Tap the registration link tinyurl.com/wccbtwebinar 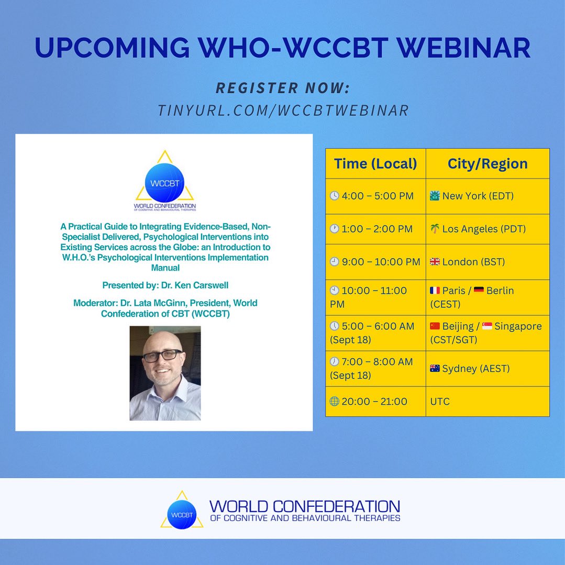point(283,110)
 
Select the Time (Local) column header point(375,164)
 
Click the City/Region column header point(488,164)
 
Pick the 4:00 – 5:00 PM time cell point(375,196)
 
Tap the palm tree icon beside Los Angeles point(435,229)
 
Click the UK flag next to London point(435,262)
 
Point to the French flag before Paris point(435,291)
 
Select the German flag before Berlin point(479,291)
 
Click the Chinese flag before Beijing point(435,326)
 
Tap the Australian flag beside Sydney point(435,369)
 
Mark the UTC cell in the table point(440,402)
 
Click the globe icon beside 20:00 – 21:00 point(334,402)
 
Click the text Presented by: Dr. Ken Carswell point(164,285)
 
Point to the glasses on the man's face point(162,356)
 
